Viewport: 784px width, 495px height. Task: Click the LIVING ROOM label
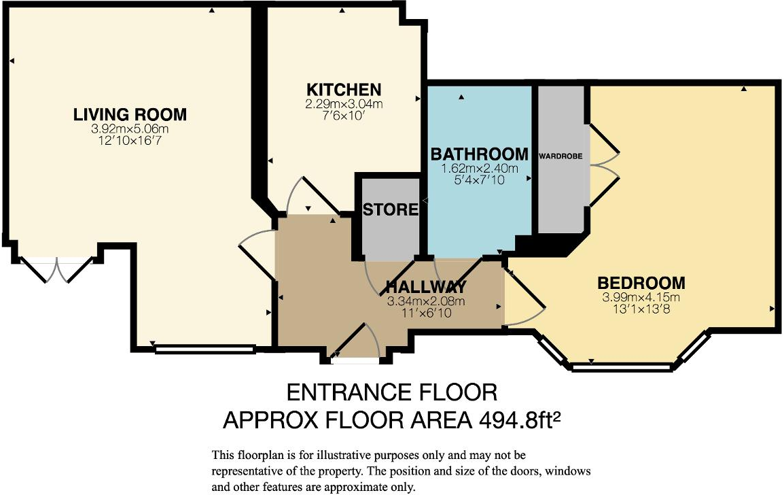130,115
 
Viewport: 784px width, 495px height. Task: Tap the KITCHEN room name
344,90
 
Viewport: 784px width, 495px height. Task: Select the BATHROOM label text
480,154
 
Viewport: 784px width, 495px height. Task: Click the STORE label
390,209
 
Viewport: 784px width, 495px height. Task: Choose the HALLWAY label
426,286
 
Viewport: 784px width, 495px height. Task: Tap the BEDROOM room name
641,283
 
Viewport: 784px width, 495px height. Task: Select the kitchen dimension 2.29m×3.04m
344,104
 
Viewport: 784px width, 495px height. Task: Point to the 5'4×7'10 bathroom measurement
480,180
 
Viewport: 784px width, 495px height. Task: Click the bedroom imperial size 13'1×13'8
641,309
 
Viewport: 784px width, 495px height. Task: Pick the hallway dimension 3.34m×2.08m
426,301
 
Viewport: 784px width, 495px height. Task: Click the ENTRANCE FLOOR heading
392,392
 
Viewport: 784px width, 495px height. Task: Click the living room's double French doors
56,269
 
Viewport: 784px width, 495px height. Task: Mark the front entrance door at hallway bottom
355,343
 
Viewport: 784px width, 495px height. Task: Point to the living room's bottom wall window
204,349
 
